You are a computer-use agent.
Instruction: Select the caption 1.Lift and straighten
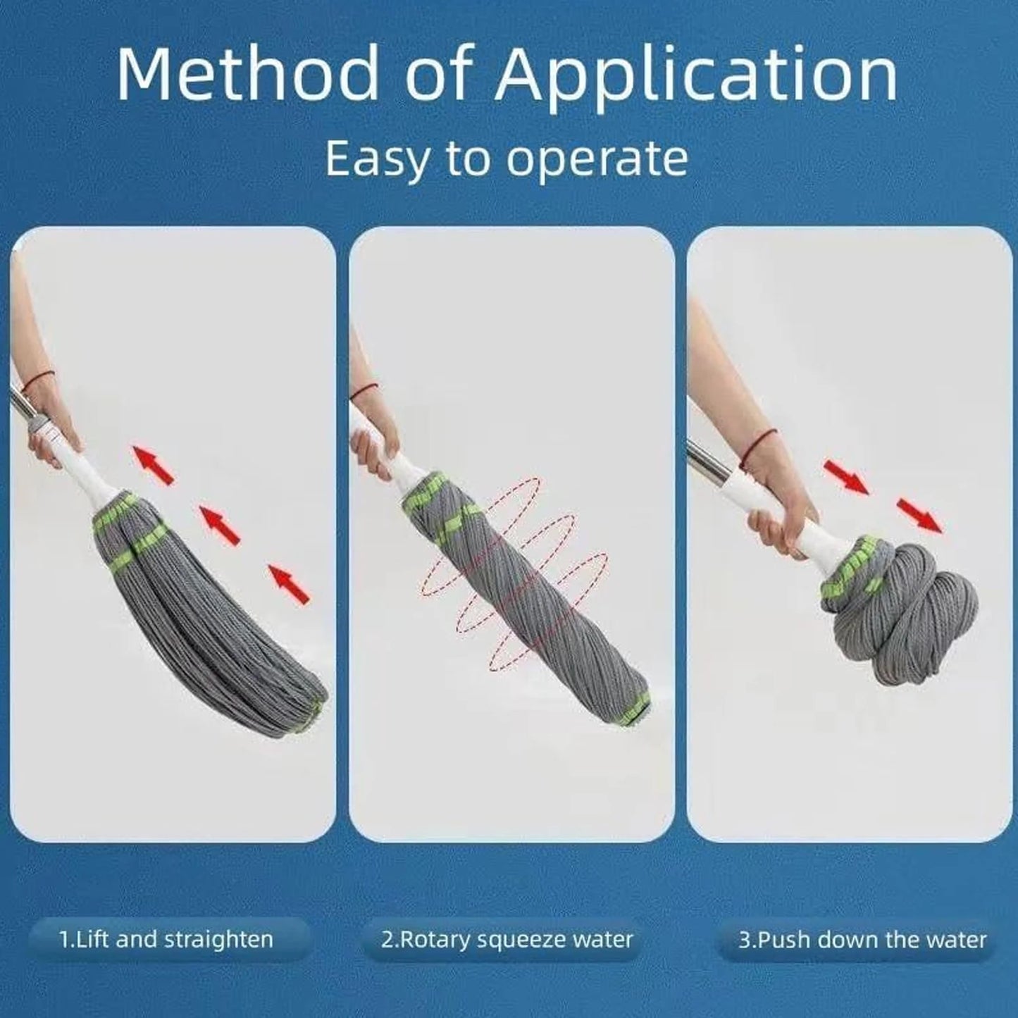pyautogui.click(x=166, y=939)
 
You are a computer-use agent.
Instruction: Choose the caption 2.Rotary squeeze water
pyautogui.click(x=507, y=939)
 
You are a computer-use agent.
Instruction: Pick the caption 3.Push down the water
pyautogui.click(x=862, y=939)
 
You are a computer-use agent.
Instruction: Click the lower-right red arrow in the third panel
pyautogui.click(x=919, y=515)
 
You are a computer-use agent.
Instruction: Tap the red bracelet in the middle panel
pyautogui.click(x=364, y=390)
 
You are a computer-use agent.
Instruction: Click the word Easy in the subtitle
pyautogui.click(x=375, y=159)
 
